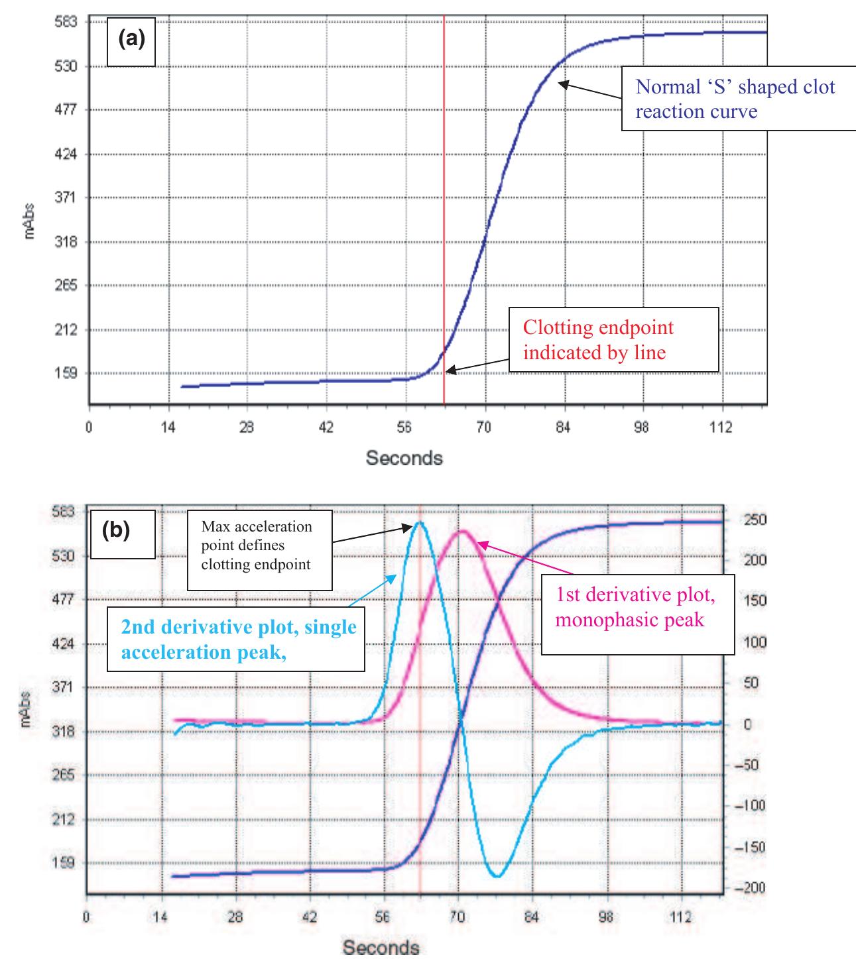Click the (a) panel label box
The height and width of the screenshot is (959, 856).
click(131, 41)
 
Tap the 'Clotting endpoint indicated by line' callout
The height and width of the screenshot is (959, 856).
click(614, 339)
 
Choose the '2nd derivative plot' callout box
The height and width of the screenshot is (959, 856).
click(237, 640)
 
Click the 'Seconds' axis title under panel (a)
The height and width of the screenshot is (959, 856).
click(404, 457)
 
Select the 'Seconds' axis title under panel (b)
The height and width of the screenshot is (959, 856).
click(381, 946)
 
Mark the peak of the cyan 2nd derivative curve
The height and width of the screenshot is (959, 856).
click(420, 522)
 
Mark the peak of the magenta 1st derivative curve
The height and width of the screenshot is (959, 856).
click(463, 531)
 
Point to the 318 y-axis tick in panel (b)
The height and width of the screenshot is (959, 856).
click(64, 732)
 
